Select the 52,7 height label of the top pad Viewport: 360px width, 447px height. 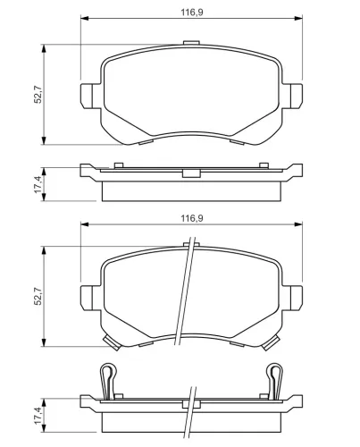(38, 93)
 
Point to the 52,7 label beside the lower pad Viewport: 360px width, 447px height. (38, 295)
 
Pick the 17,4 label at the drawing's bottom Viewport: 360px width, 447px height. (38, 417)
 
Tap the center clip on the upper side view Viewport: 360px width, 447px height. (190, 173)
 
